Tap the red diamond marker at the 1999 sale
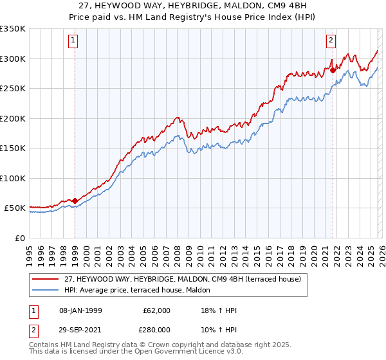click(x=75, y=201)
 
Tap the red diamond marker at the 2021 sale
click(x=333, y=70)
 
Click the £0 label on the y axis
click(x=19, y=238)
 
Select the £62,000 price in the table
click(x=157, y=310)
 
